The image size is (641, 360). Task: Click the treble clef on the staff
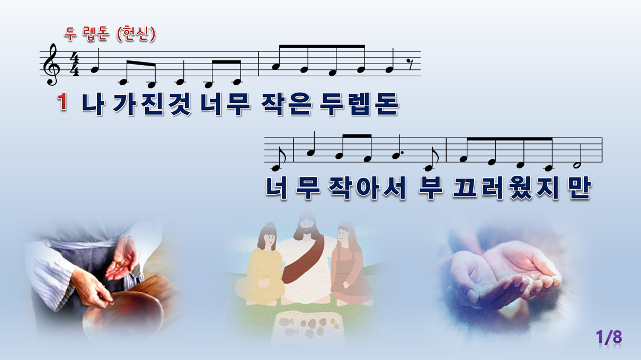52,65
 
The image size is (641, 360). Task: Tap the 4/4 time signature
75,64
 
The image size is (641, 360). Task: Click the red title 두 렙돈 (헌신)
110,34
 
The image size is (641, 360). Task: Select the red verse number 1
63,102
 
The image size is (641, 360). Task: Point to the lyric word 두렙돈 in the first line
359,104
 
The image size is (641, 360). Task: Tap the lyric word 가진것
152,104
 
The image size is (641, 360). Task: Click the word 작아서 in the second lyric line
367,187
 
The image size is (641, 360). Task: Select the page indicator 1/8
609,337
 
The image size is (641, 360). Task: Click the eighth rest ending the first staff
411,66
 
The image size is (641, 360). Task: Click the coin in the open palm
119,264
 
